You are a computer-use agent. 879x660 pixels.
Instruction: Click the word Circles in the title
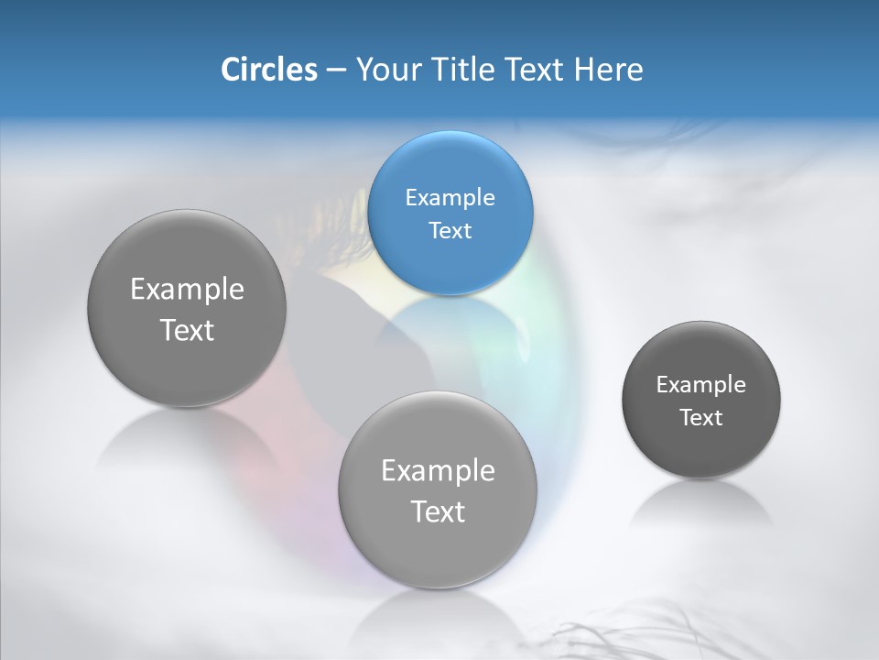pos(268,70)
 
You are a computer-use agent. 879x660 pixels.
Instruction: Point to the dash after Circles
pos(335,71)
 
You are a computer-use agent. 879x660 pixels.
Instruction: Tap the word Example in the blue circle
pos(450,197)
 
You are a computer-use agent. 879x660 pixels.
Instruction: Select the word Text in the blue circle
pos(450,230)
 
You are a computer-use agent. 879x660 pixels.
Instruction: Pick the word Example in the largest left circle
pos(187,290)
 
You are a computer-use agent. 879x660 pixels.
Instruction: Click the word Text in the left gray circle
pos(187,330)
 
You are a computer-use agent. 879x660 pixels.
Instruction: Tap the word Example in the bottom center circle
pos(438,471)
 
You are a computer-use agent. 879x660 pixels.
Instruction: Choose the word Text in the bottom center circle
pos(438,511)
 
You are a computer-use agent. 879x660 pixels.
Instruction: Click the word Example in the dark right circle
pos(700,384)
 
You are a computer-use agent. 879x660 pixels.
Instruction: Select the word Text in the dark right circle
pos(700,418)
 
